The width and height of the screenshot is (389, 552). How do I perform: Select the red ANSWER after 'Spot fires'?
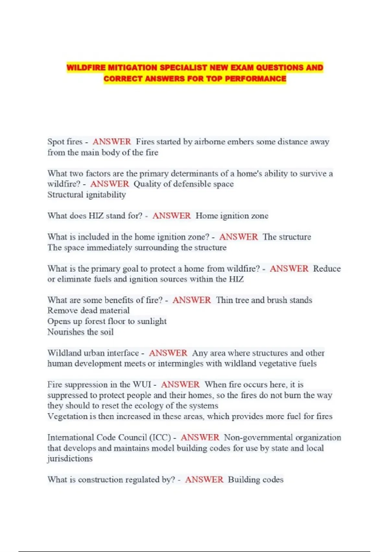click(x=112, y=142)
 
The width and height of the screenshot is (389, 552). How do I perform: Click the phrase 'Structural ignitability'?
click(x=87, y=194)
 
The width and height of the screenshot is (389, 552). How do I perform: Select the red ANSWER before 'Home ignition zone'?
click(x=171, y=216)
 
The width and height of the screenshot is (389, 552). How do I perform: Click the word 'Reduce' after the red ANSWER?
click(x=327, y=269)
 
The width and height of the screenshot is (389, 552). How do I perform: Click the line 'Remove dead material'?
click(x=88, y=310)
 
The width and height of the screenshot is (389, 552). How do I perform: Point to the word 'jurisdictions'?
click(x=70, y=458)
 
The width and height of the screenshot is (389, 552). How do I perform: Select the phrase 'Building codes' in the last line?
click(x=255, y=480)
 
